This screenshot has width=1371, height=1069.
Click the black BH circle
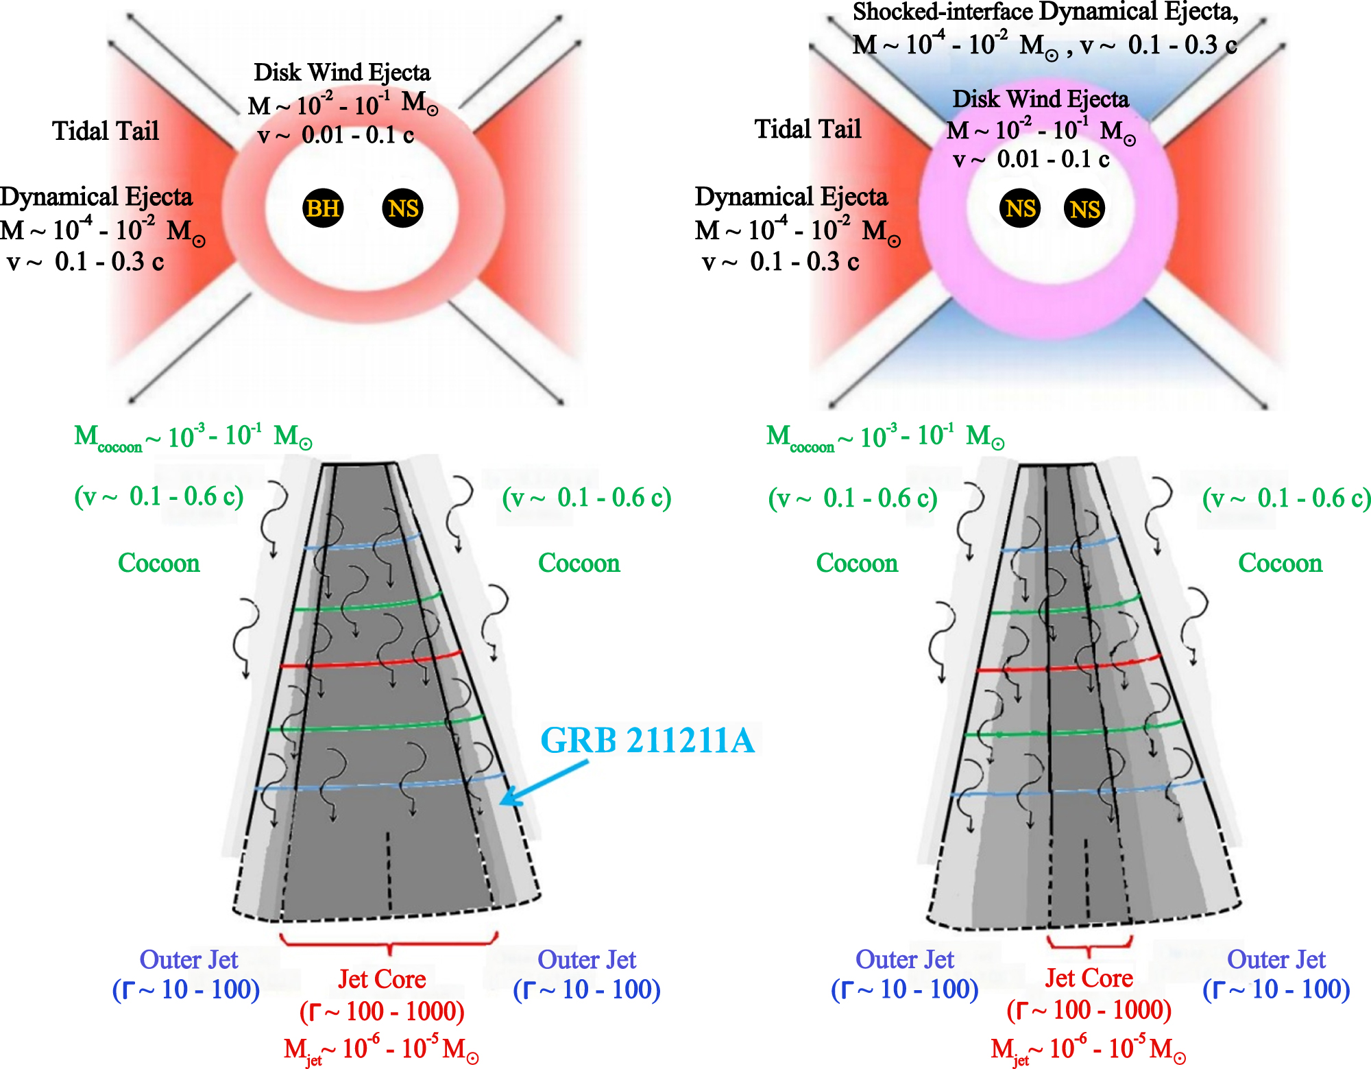tap(323, 208)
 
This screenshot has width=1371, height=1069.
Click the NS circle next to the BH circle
tap(402, 208)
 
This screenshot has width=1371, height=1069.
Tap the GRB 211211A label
tap(647, 741)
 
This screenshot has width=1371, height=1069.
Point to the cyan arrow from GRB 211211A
tap(545, 782)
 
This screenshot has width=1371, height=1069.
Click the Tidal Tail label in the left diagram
tap(106, 130)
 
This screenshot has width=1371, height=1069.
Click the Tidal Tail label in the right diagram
tap(808, 129)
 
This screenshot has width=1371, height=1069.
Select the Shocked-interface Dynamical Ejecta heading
tap(1045, 12)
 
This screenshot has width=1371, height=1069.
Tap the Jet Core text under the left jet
tap(382, 979)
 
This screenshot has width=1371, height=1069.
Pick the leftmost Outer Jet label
tap(189, 960)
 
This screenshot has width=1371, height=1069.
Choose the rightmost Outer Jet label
tap(1276, 960)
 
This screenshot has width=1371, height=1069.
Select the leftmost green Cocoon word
tap(159, 563)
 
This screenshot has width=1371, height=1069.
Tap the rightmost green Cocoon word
tap(1280, 563)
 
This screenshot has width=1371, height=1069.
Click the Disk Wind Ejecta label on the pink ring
tap(1040, 99)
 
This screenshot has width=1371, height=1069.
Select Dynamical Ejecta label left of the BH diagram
tap(96, 197)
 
